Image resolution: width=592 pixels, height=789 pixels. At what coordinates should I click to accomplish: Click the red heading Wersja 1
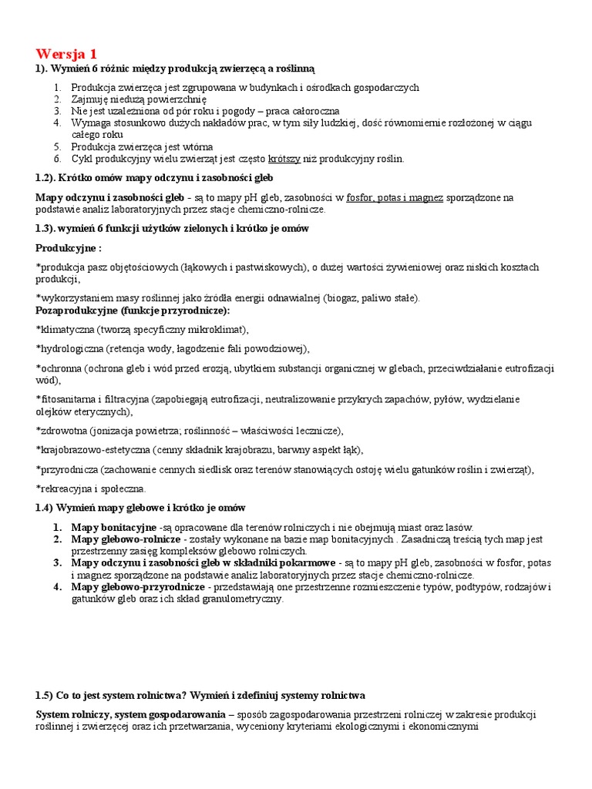pos(66,54)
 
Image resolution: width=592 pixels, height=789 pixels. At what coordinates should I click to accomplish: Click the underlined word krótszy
pos(284,159)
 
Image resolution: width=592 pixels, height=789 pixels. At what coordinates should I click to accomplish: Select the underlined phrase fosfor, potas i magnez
pos(395,197)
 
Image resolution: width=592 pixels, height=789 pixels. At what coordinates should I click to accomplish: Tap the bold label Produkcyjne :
pos(69,248)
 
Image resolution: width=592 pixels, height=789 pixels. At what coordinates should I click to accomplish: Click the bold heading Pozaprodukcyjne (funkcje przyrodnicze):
pos(133,310)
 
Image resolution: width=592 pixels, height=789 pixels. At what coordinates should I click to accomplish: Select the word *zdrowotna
pos(62,430)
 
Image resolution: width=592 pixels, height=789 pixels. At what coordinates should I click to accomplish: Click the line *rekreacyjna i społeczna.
pos(91,489)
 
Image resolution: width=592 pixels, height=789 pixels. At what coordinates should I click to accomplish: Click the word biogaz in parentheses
pos(346,298)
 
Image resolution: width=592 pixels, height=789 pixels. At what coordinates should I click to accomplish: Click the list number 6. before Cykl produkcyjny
pos(58,159)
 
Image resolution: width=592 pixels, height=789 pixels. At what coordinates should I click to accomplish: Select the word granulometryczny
pos(243,599)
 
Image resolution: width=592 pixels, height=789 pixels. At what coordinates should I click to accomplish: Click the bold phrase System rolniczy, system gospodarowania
pos(130,714)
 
